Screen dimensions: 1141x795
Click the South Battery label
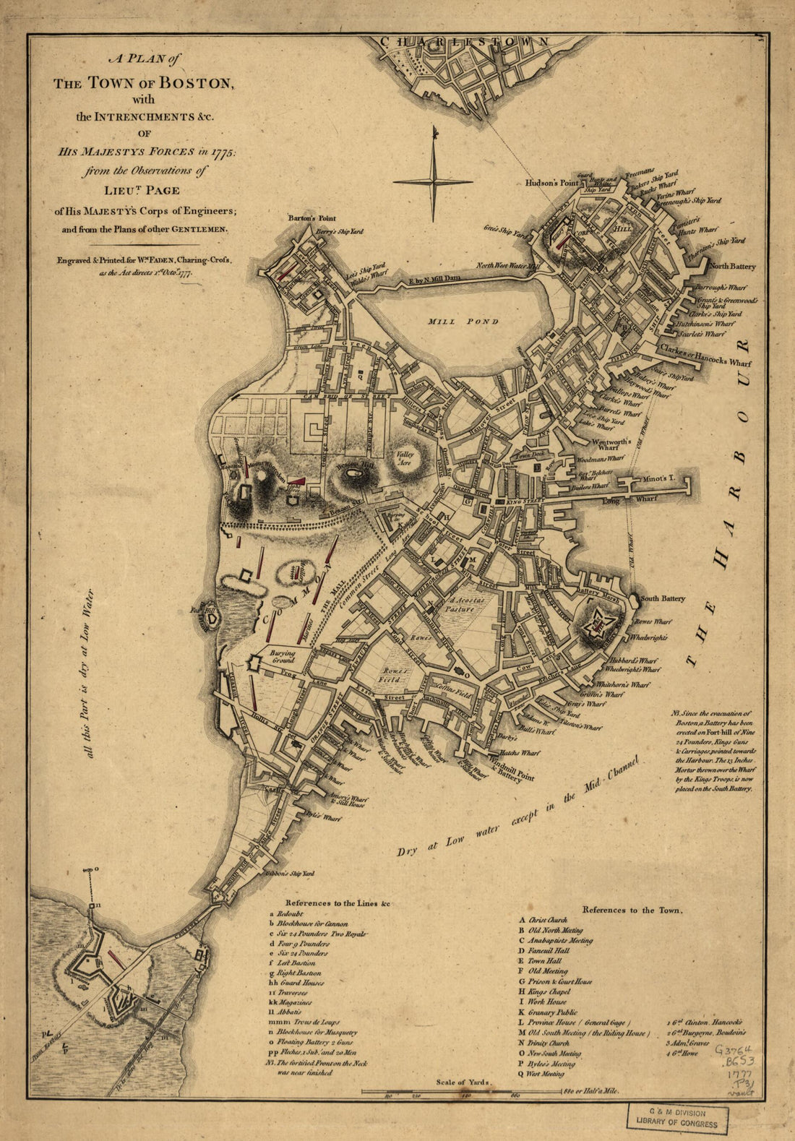pyautogui.click(x=663, y=599)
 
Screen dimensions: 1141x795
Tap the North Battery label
pyautogui.click(x=732, y=267)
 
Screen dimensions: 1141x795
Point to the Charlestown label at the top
pyautogui.click(x=465, y=42)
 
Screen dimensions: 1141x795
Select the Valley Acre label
pyautogui.click(x=404, y=458)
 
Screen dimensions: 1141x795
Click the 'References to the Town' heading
pyautogui.click(x=632, y=910)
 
